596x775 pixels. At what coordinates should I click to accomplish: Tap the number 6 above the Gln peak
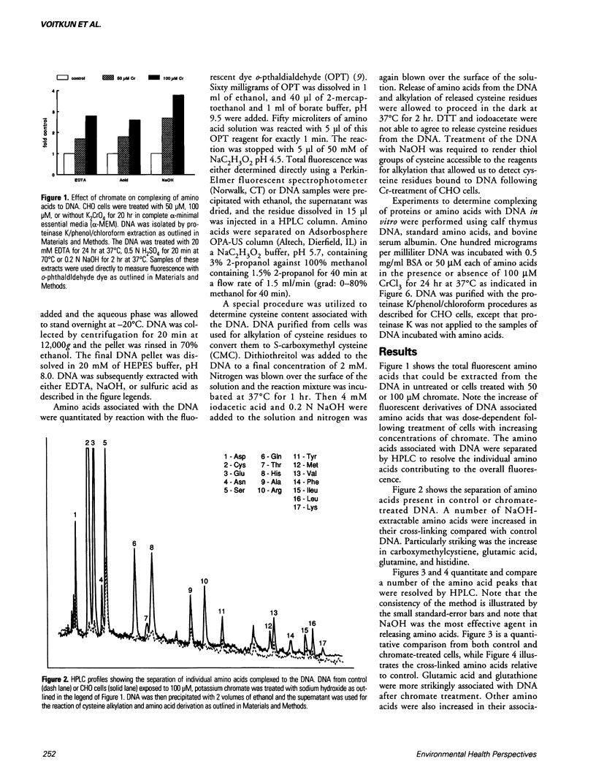coord(135,543)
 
